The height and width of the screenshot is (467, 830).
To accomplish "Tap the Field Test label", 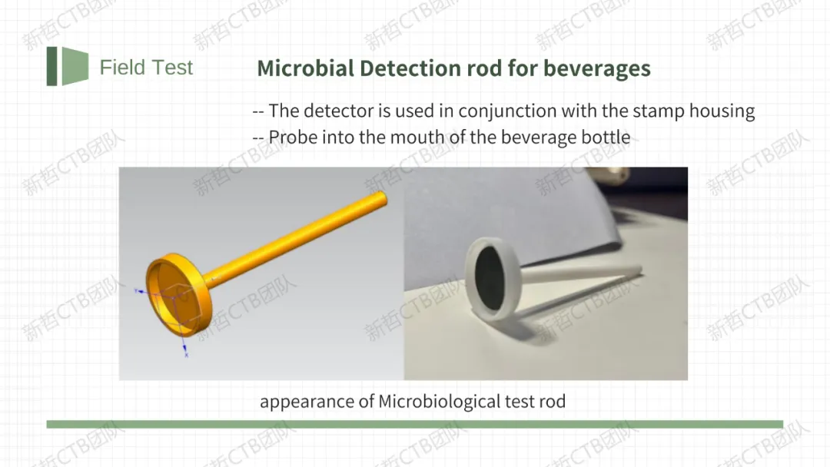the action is [146, 67].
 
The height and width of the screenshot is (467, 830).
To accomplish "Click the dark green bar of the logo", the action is [52, 66].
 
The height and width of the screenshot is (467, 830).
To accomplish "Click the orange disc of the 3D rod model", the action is [179, 295].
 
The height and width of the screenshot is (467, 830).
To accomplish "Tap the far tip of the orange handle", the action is [383, 198].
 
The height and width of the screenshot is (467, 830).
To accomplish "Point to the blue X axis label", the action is [186, 355].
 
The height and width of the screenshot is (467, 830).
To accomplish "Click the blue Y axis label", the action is [136, 290].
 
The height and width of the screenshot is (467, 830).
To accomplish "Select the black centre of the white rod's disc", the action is [489, 279].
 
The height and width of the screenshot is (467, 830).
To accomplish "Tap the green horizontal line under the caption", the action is [414, 424].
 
